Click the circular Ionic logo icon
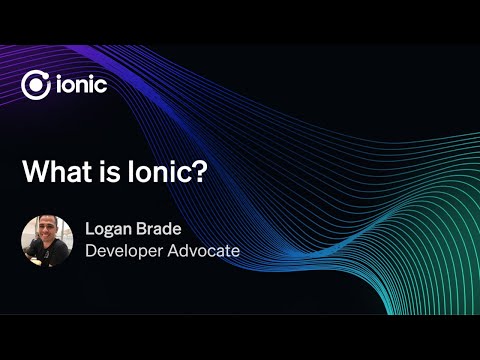[36, 85]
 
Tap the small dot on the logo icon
[44, 76]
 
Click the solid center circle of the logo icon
[36, 85]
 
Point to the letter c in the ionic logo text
[100, 87]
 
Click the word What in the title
[51, 171]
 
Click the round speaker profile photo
[48, 239]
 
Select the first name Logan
[108, 230]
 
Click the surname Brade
[158, 229]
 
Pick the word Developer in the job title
[125, 251]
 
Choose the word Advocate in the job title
[205, 250]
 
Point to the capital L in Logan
[89, 229]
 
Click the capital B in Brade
[140, 229]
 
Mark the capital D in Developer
[90, 250]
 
